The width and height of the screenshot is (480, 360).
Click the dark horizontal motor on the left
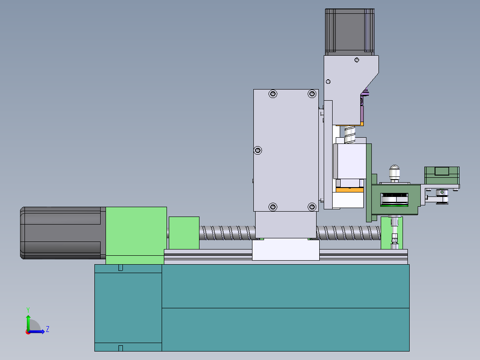pos(62,233)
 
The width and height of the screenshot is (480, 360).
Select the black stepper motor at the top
pos(350,31)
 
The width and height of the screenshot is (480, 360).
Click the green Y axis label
pos(28,309)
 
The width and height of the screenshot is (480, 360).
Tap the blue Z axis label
pos(47,329)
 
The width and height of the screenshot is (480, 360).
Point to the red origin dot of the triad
pos(28,331)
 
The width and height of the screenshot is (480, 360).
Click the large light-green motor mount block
pos(136,235)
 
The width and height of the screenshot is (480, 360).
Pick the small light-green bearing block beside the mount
pos(184,233)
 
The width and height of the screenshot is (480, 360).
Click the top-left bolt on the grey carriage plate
pos(273,94)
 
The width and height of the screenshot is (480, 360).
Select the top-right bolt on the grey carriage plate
pos(312,94)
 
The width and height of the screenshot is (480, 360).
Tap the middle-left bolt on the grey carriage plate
pos(258,150)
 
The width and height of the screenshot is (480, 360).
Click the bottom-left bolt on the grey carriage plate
pos(273,207)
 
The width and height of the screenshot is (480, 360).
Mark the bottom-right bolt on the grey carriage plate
pos(312,207)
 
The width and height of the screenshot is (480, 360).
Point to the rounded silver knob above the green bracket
pos(394,172)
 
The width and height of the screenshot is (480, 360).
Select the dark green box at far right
pos(441,175)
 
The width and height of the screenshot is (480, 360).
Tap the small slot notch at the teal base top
pos(120,267)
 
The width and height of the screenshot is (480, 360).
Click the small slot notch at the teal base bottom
pos(120,348)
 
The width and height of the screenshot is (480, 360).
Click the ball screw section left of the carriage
pos(227,233)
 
